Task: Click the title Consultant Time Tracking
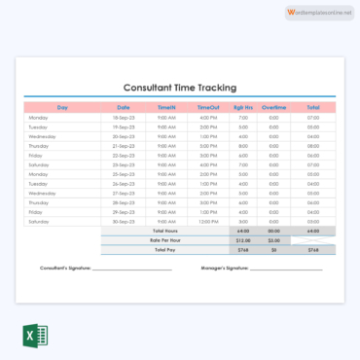coord(179,88)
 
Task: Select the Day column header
coord(62,107)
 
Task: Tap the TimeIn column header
coord(166,107)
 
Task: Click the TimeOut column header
coord(208,107)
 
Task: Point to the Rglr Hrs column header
coord(243,107)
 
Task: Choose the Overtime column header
coord(273,107)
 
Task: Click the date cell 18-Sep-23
coord(124,118)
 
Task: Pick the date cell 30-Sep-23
coord(124,221)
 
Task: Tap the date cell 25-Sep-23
coord(124,174)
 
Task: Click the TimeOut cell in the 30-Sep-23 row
coord(208,221)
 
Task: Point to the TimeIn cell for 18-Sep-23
coord(166,118)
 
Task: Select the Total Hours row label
coord(164,231)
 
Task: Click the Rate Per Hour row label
coord(164,239)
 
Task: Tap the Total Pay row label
coord(164,249)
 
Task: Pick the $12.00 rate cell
coord(243,239)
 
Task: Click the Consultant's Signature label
coord(65,268)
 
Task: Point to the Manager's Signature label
coord(224,268)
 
